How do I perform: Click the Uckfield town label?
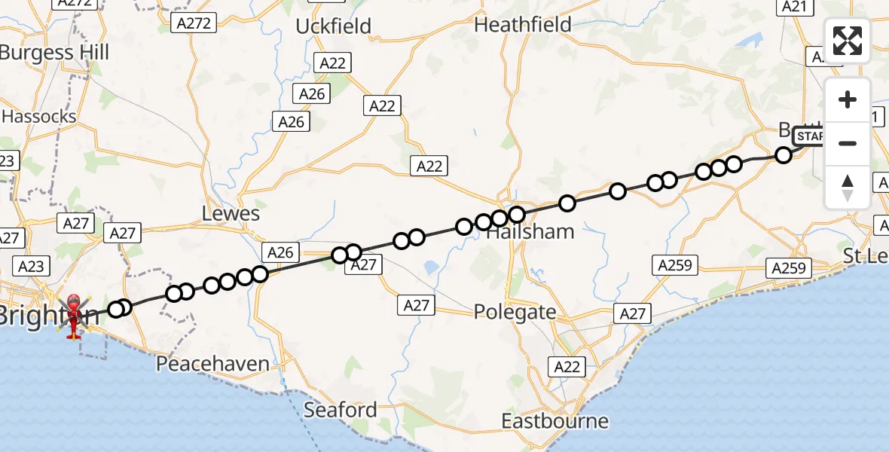(333, 26)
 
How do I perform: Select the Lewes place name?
(231, 214)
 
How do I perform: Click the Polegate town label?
(515, 312)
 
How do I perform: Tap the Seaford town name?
(341, 411)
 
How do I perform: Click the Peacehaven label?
(212, 364)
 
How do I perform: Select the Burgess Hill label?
(54, 53)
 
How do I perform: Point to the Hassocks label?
(39, 117)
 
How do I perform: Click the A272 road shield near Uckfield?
(193, 23)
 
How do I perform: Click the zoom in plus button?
(848, 99)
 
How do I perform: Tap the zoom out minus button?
(848, 143)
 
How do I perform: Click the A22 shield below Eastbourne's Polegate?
(567, 366)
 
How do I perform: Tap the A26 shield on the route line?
(280, 252)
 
